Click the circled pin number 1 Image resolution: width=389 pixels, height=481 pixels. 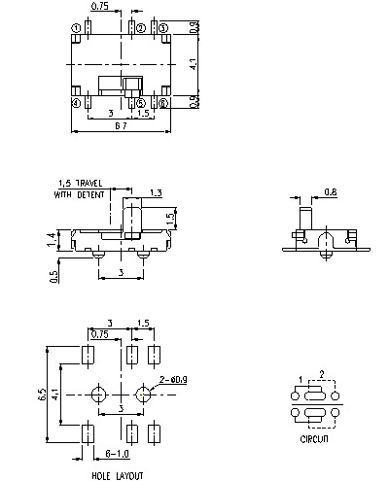pos(76,27)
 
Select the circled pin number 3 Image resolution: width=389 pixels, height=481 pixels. pos(163,27)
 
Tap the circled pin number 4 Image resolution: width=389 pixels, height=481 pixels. pos(76,102)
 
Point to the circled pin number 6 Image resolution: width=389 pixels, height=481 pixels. pos(163,102)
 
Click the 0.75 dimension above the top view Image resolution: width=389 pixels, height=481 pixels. pos(98,7)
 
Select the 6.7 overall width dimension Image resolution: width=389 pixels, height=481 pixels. pos(120,127)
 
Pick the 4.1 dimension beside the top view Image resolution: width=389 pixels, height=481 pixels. pos(193,64)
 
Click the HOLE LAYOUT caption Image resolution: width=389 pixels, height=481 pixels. pos(119,475)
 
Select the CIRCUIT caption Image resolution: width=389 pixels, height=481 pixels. pos(314,440)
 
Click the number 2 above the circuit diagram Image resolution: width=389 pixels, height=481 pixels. pos(323,373)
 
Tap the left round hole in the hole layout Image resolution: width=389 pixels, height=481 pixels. pos(98,394)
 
